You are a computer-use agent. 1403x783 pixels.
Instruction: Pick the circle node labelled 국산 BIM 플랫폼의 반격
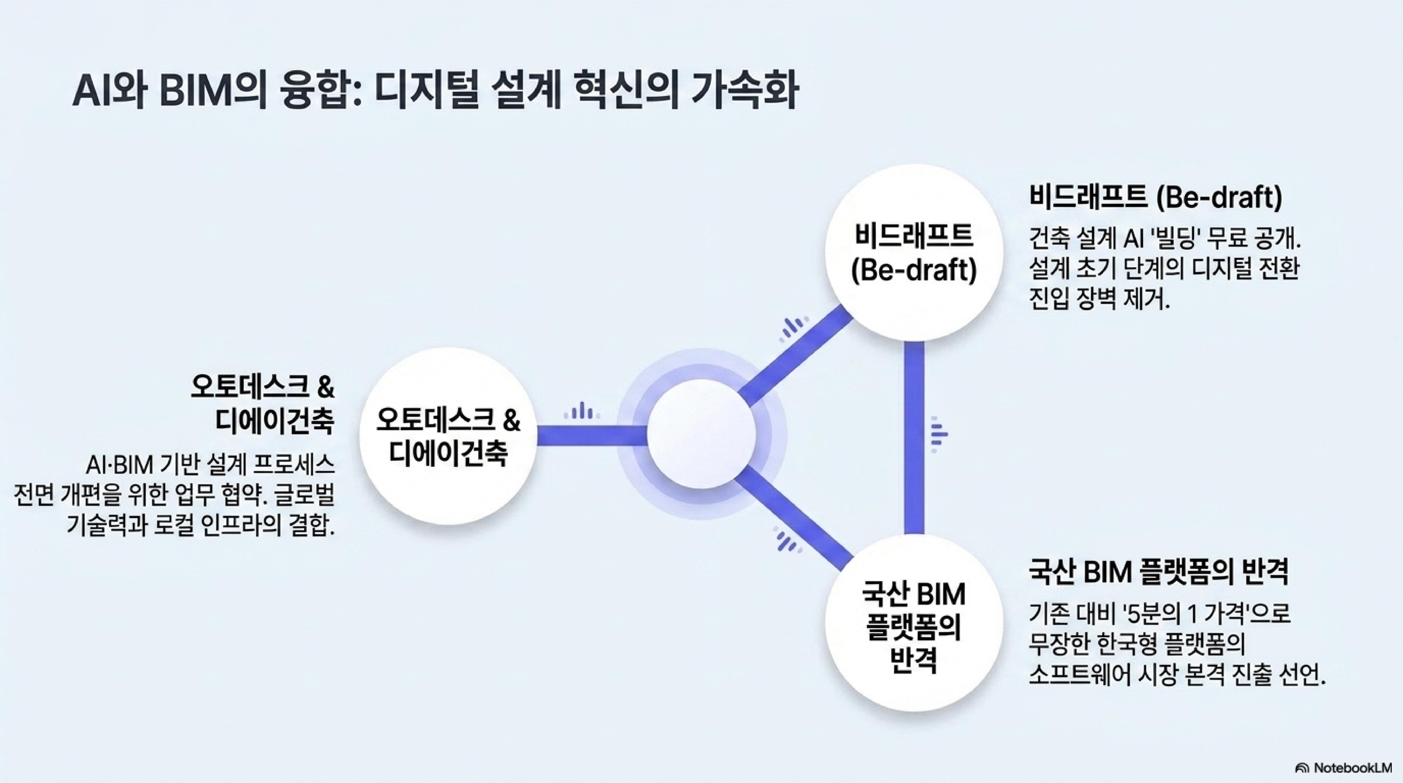(914, 622)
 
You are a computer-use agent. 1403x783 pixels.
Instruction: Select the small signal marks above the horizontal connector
(582, 411)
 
